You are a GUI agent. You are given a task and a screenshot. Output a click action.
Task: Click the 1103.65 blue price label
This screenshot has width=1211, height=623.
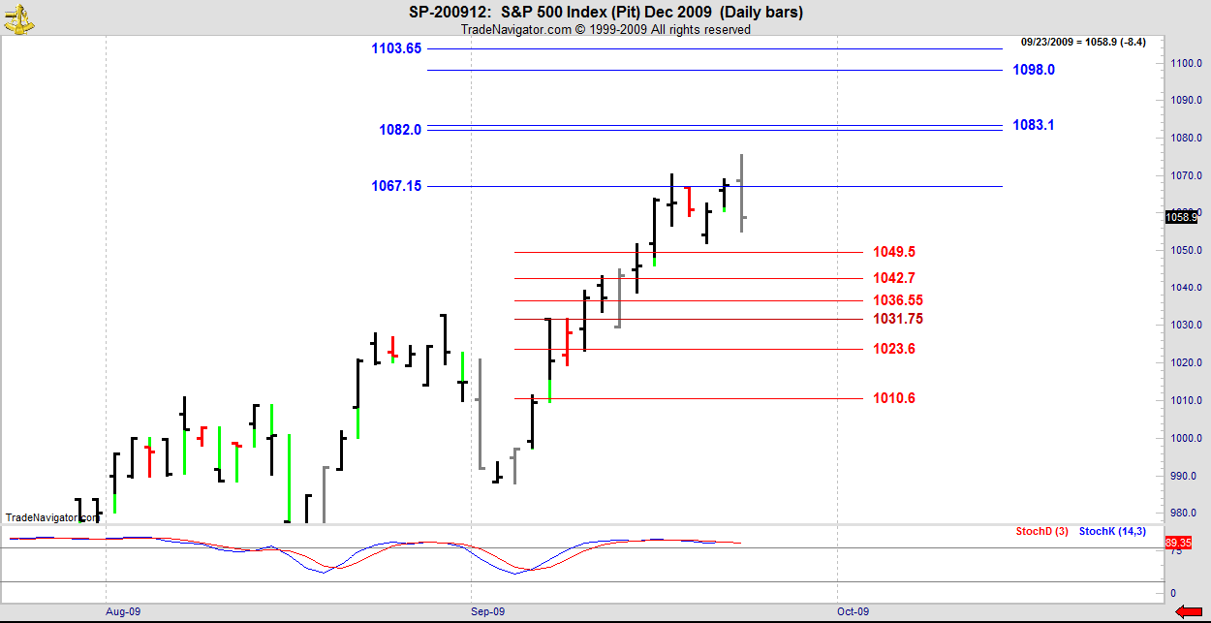coord(396,48)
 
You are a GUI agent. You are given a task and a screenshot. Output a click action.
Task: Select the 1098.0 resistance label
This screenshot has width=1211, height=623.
coord(1034,70)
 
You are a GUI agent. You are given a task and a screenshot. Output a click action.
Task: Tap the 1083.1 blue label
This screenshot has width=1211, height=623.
coord(1034,125)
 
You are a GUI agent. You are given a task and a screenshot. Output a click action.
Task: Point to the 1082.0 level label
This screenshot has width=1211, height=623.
coord(400,130)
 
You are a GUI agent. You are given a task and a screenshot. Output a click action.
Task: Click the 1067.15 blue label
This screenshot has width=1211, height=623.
coord(396,186)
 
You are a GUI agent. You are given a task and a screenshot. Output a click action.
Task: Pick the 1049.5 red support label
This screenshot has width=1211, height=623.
coord(894,252)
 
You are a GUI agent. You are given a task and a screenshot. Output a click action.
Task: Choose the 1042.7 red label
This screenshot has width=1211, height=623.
coord(894,279)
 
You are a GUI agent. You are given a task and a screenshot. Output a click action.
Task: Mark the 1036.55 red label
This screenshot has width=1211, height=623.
coord(897,300)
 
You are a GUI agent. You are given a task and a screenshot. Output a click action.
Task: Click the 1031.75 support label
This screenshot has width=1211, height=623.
coord(897,319)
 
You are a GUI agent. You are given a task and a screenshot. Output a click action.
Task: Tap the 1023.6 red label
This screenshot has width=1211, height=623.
coord(894,349)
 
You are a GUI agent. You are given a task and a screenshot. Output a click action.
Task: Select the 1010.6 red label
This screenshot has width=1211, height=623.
coord(894,398)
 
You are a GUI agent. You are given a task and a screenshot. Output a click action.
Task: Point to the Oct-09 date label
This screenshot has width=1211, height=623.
coord(854,611)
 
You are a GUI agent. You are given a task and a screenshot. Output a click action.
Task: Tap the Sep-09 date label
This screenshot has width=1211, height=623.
coord(488,611)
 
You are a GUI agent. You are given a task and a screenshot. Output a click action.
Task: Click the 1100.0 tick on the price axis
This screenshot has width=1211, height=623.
coord(1185,63)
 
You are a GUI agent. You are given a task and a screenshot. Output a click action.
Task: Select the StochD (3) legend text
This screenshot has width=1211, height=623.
coord(1041,531)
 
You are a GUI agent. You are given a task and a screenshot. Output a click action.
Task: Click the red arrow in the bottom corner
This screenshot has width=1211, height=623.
coord(1189,610)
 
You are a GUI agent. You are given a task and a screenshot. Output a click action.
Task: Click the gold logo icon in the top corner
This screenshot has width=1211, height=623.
coord(16,18)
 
